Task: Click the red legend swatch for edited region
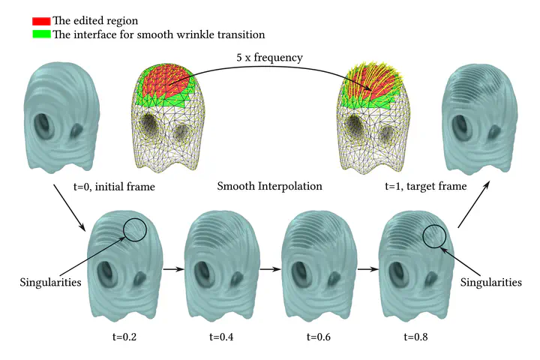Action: tap(40, 20)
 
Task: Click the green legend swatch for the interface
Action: tap(40, 34)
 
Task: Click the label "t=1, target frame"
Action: tap(426, 185)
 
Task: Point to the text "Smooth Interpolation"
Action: tap(269, 185)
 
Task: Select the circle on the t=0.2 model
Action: tap(135, 229)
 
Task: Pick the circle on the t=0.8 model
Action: tap(433, 237)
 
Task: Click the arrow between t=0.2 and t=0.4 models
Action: tap(174, 267)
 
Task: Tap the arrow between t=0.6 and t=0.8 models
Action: tap(367, 267)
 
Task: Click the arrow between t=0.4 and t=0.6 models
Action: tap(270, 267)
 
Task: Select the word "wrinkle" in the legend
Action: tap(177, 34)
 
